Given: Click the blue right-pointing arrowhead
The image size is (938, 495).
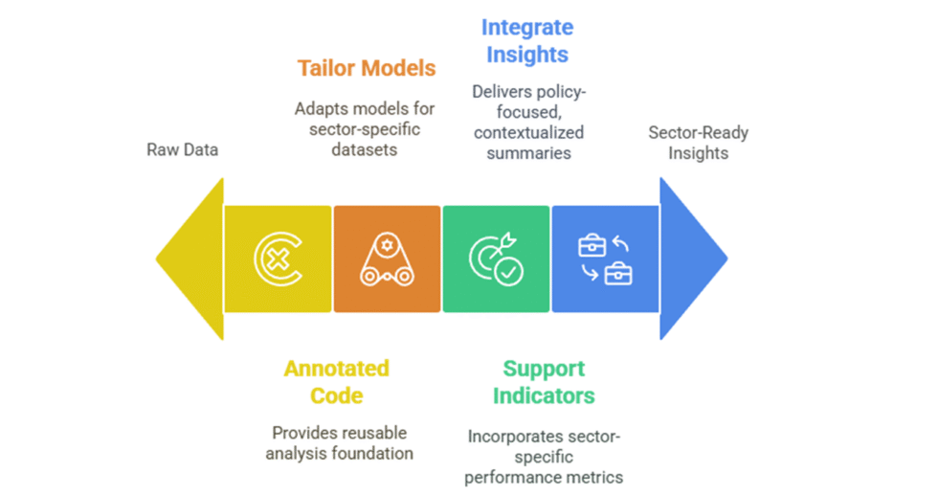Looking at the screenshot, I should [689, 259].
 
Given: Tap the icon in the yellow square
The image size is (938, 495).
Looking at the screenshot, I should [278, 259].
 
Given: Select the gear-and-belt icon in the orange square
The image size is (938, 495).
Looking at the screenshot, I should [387, 259].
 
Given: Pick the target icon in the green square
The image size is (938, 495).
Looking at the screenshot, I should [495, 259].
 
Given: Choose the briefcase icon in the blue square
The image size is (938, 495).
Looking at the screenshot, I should [605, 259].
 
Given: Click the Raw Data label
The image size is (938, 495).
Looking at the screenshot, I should [182, 149].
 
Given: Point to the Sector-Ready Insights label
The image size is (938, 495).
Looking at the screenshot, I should [698, 143].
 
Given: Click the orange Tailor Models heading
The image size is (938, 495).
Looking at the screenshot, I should [366, 68].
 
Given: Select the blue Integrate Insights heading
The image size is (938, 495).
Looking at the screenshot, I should [527, 40].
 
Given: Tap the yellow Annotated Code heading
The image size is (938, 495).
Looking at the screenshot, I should [336, 381].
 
